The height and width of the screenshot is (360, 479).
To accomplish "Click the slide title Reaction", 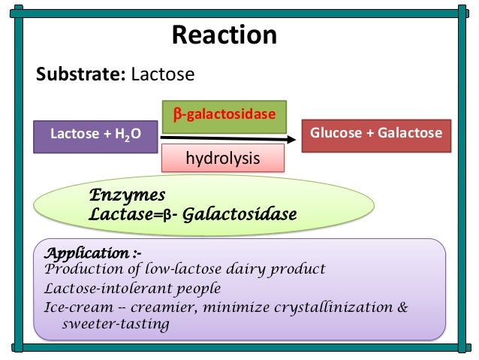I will (224, 35).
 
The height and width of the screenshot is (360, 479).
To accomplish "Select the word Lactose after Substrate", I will (162, 74).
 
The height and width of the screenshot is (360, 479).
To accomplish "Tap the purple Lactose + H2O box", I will (95, 135).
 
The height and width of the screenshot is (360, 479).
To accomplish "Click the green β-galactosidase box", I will (224, 114).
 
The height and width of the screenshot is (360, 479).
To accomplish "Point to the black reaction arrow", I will (225, 138).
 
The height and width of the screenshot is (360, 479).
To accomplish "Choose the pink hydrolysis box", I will (224, 159).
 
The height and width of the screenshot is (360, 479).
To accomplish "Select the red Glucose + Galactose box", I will (376, 134).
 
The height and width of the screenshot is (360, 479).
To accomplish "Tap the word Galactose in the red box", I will (410, 133).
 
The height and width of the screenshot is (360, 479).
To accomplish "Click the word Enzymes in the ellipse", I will (127, 195).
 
